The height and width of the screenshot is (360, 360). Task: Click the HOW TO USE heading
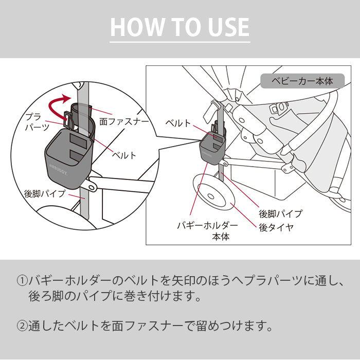point(180,27)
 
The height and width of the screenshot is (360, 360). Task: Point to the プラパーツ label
point(37,121)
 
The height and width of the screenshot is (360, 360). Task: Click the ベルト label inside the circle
point(124,155)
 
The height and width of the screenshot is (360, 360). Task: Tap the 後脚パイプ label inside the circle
point(45,194)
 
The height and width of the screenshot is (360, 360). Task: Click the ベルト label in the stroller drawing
point(178,123)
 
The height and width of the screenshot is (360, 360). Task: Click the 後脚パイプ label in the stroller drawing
point(280,213)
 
